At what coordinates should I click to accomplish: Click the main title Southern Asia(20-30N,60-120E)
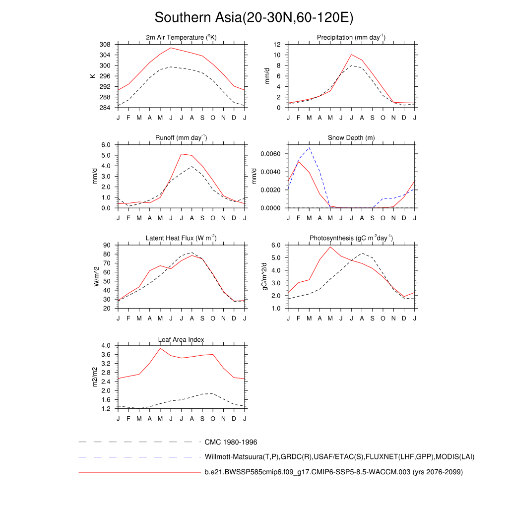coord(254,17)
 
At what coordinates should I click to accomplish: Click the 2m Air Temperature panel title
coord(182,38)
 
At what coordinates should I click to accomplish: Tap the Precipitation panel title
coord(351,38)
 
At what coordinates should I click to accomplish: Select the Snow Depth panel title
coord(351,137)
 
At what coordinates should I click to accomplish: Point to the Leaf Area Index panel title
coord(181,339)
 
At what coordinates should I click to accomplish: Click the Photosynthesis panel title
coord(351,238)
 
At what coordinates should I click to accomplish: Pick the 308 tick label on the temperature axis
coord(105,44)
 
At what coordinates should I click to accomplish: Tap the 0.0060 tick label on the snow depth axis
coord(271,154)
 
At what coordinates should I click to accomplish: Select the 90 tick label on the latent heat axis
coord(107,245)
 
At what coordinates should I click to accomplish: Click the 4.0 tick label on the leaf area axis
coord(106,345)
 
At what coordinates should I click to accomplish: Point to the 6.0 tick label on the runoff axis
coord(106,144)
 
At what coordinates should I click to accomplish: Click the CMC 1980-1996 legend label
coord(231,442)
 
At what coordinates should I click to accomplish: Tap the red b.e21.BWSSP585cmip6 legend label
coord(333,472)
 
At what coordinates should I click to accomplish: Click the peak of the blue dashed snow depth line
coord(309,147)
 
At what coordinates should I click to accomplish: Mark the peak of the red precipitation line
coord(351,55)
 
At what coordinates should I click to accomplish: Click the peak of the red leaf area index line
coord(160,348)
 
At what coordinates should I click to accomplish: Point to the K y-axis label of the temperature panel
coord(92,76)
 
